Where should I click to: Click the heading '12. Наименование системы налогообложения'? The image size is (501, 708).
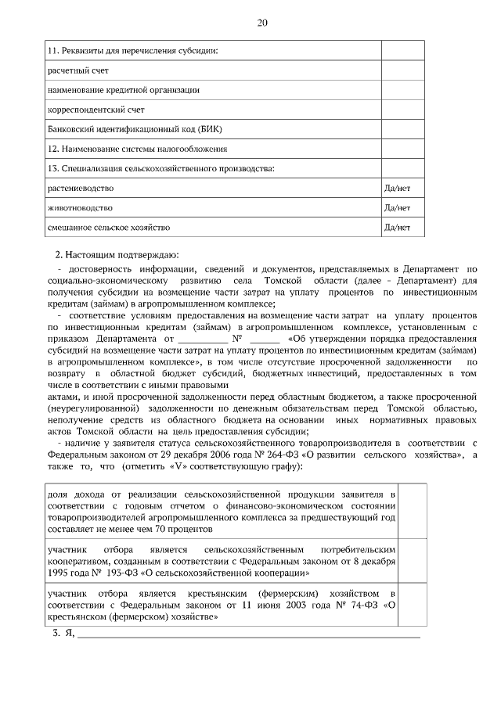[x=137, y=149]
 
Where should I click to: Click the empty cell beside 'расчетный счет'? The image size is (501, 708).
[x=403, y=70]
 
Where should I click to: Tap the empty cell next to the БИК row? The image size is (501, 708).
[x=403, y=129]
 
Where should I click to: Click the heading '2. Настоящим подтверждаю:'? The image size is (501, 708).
[x=106, y=255]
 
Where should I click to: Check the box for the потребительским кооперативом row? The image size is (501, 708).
[x=414, y=558]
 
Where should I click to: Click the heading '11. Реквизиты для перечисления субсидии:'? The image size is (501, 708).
[x=132, y=51]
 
